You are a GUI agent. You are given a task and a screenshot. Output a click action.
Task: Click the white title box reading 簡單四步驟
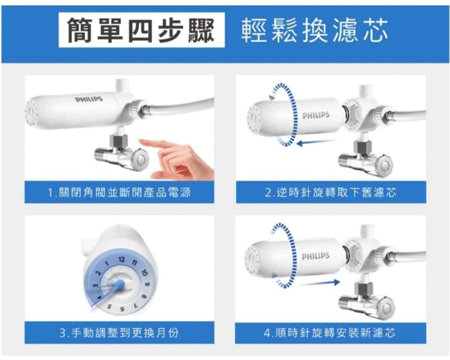tap(142, 30)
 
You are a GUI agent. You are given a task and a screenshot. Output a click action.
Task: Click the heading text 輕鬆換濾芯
tap(315, 30)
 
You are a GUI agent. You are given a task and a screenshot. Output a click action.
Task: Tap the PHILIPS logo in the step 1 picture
tap(89, 99)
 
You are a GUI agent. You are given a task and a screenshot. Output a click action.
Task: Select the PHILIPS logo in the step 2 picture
tap(315, 115)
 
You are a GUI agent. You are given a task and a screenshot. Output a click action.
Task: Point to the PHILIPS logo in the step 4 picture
tap(315, 256)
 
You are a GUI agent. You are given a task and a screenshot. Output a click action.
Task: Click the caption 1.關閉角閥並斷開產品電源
tap(120, 192)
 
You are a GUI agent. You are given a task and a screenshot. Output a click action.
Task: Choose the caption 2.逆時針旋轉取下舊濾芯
tap(330, 192)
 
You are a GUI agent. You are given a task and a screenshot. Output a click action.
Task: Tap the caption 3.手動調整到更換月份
tap(120, 333)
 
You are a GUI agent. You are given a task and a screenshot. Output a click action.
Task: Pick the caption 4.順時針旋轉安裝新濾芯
tap(330, 333)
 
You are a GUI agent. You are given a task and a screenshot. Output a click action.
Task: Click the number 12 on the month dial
tap(121, 260)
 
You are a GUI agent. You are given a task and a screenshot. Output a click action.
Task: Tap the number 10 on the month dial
tap(144, 273)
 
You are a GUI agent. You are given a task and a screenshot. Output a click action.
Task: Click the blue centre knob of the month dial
tap(120, 284)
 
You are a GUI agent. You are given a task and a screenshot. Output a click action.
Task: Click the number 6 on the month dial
tap(122, 309)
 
